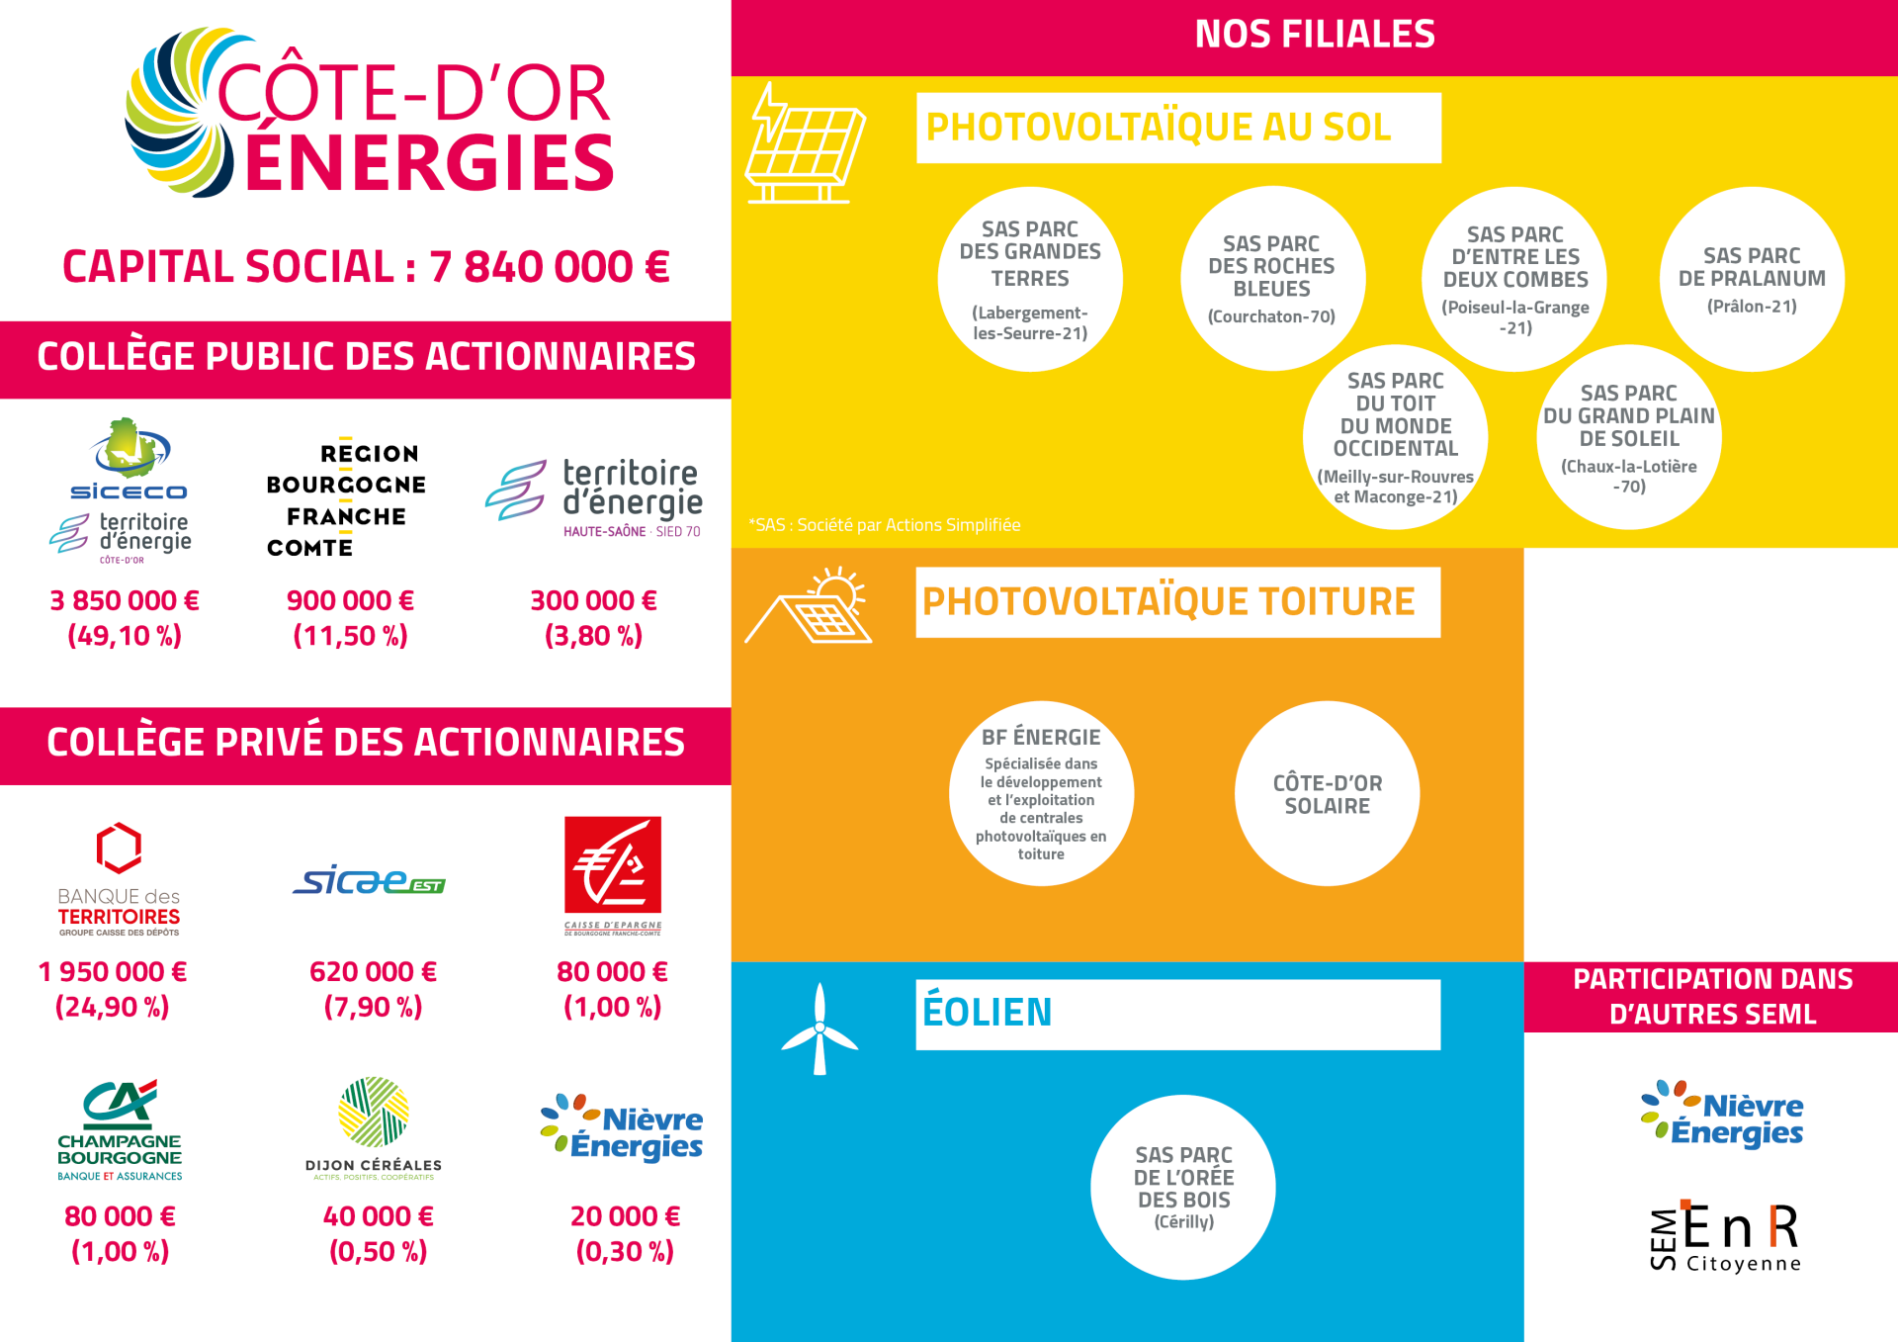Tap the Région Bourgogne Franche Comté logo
coord(346,499)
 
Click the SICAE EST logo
coord(369,879)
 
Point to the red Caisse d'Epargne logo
coord(613,875)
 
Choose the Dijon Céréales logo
coord(374,1128)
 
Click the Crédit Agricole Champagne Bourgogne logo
coord(120,1130)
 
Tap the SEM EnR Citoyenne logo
coord(1725,1236)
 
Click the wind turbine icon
coord(820,1029)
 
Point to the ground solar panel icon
coord(805,143)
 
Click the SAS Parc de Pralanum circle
coord(1752,279)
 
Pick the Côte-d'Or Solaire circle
coord(1328,793)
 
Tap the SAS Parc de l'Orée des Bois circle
coord(1183,1187)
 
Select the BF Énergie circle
coord(1041,793)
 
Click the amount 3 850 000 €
coord(125,600)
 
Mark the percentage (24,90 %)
coord(112,1007)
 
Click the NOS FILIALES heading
coord(1315,35)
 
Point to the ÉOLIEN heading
coord(987,1012)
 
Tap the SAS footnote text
coord(885,525)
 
